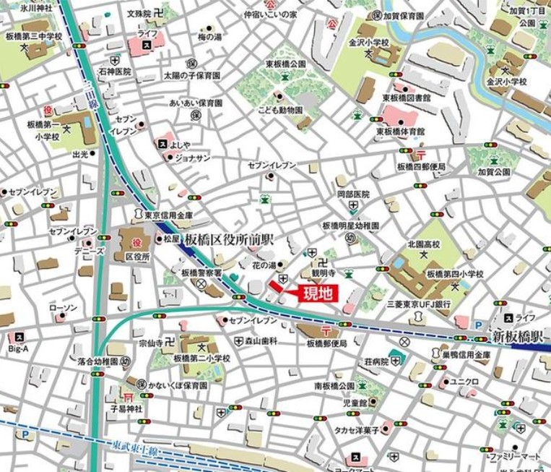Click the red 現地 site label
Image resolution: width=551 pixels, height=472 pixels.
point(318,293)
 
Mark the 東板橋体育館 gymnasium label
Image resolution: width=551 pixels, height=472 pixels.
point(401,131)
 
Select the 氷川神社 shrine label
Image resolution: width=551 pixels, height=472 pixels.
point(18,7)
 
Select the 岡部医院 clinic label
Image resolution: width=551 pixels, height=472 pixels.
point(353,194)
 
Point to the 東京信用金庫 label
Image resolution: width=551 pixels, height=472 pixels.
point(168,215)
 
